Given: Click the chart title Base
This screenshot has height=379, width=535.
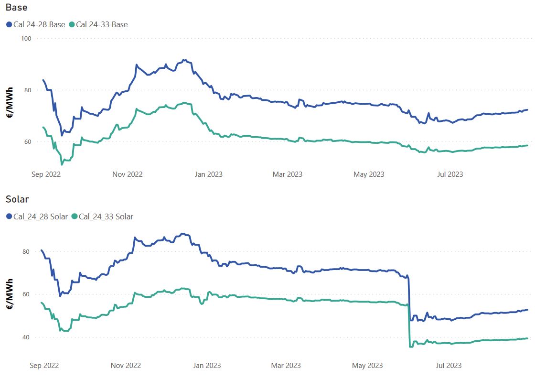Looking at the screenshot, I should coord(16,8).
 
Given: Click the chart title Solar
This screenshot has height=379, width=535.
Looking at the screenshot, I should coord(17,199).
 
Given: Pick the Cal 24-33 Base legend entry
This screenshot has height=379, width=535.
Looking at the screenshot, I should coord(102,24).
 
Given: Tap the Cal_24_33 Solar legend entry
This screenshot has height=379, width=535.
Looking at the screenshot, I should coord(106,217).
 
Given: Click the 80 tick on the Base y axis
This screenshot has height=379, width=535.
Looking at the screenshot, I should coord(27,90).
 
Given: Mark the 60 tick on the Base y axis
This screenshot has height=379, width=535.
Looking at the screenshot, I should coord(27,141).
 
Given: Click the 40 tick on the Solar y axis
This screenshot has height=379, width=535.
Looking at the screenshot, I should coord(26,337).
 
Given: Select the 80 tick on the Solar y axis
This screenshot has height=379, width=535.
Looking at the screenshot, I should coord(26,251).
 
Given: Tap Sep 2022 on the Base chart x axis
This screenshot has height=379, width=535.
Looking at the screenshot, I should coord(46,174).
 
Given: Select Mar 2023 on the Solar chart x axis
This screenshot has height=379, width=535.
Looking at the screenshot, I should coord(286,366).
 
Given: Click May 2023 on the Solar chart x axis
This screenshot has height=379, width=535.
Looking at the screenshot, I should coord(368,366).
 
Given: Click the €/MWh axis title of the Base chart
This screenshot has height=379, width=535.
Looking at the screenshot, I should coord(9,102).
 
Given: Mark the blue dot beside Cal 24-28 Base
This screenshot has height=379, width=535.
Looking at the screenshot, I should coord(9,24).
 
